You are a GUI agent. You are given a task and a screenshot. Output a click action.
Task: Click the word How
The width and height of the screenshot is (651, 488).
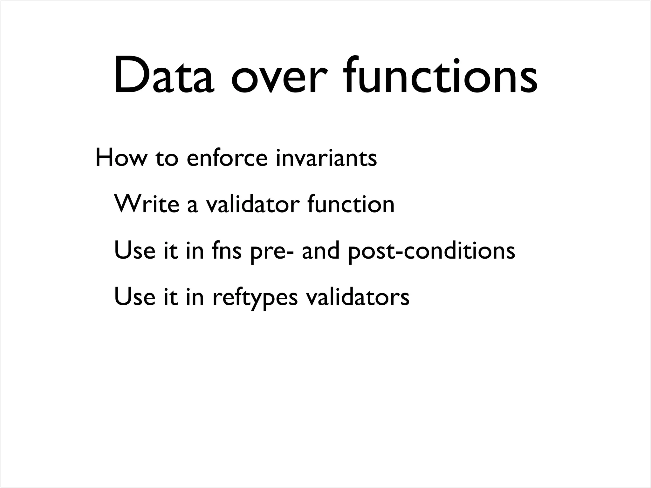120,158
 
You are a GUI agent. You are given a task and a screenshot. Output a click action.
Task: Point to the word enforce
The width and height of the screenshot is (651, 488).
227,158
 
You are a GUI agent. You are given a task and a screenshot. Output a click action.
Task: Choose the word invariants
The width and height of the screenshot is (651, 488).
326,158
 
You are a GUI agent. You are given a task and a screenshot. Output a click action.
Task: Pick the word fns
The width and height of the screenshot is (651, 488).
226,250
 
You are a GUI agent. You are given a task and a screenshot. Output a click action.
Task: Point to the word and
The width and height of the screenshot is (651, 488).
321,250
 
